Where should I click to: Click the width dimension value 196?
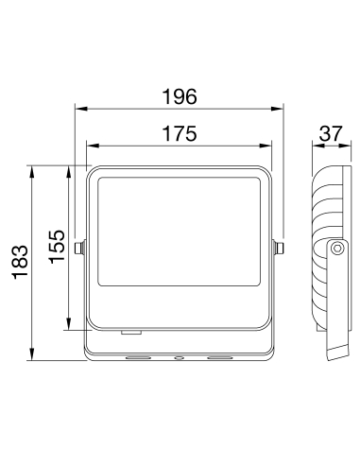179,95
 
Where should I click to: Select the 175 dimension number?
179,133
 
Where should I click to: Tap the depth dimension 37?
330,133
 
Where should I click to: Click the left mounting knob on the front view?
81,249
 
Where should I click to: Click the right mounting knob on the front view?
278,249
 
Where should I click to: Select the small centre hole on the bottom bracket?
179,358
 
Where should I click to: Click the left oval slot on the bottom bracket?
138,358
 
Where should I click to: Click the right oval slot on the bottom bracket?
219,358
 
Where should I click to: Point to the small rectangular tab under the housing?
130,333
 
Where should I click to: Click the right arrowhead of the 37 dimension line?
344,146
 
